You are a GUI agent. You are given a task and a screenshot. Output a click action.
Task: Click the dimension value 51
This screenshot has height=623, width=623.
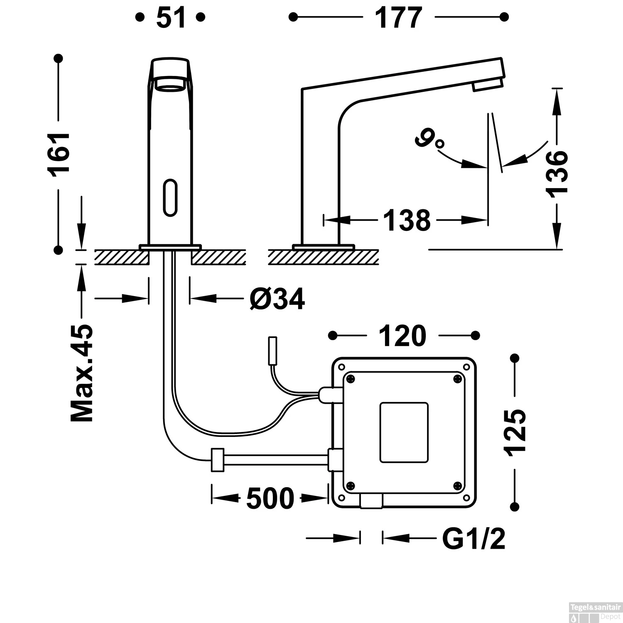coord(170,18)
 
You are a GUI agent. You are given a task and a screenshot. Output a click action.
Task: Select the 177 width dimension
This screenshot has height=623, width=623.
coord(398,18)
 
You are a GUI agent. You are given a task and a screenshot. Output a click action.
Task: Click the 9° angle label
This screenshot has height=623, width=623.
coord(429,140)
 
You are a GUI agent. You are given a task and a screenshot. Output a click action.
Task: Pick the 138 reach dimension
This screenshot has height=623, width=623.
coord(407,220)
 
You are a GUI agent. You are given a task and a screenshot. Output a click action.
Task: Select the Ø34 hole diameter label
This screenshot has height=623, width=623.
coord(277,298)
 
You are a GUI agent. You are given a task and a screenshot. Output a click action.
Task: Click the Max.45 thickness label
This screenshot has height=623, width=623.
coord(82,373)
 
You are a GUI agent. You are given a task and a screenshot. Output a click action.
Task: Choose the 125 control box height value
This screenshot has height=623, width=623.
coord(515,432)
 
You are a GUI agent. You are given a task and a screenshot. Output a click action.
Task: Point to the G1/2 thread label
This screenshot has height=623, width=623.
coord(473,539)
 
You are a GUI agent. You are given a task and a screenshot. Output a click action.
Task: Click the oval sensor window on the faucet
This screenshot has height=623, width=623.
coord(170,197)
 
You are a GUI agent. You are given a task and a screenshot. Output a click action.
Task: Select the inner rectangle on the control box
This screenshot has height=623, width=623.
coord(404,432)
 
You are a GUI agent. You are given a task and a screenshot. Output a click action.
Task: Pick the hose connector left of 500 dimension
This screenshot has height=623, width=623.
coord(218,460)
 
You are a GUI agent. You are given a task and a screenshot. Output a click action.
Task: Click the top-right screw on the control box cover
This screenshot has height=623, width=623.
coord(457,378)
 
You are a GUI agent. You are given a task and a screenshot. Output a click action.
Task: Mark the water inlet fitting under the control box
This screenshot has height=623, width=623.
coord(371,501)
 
